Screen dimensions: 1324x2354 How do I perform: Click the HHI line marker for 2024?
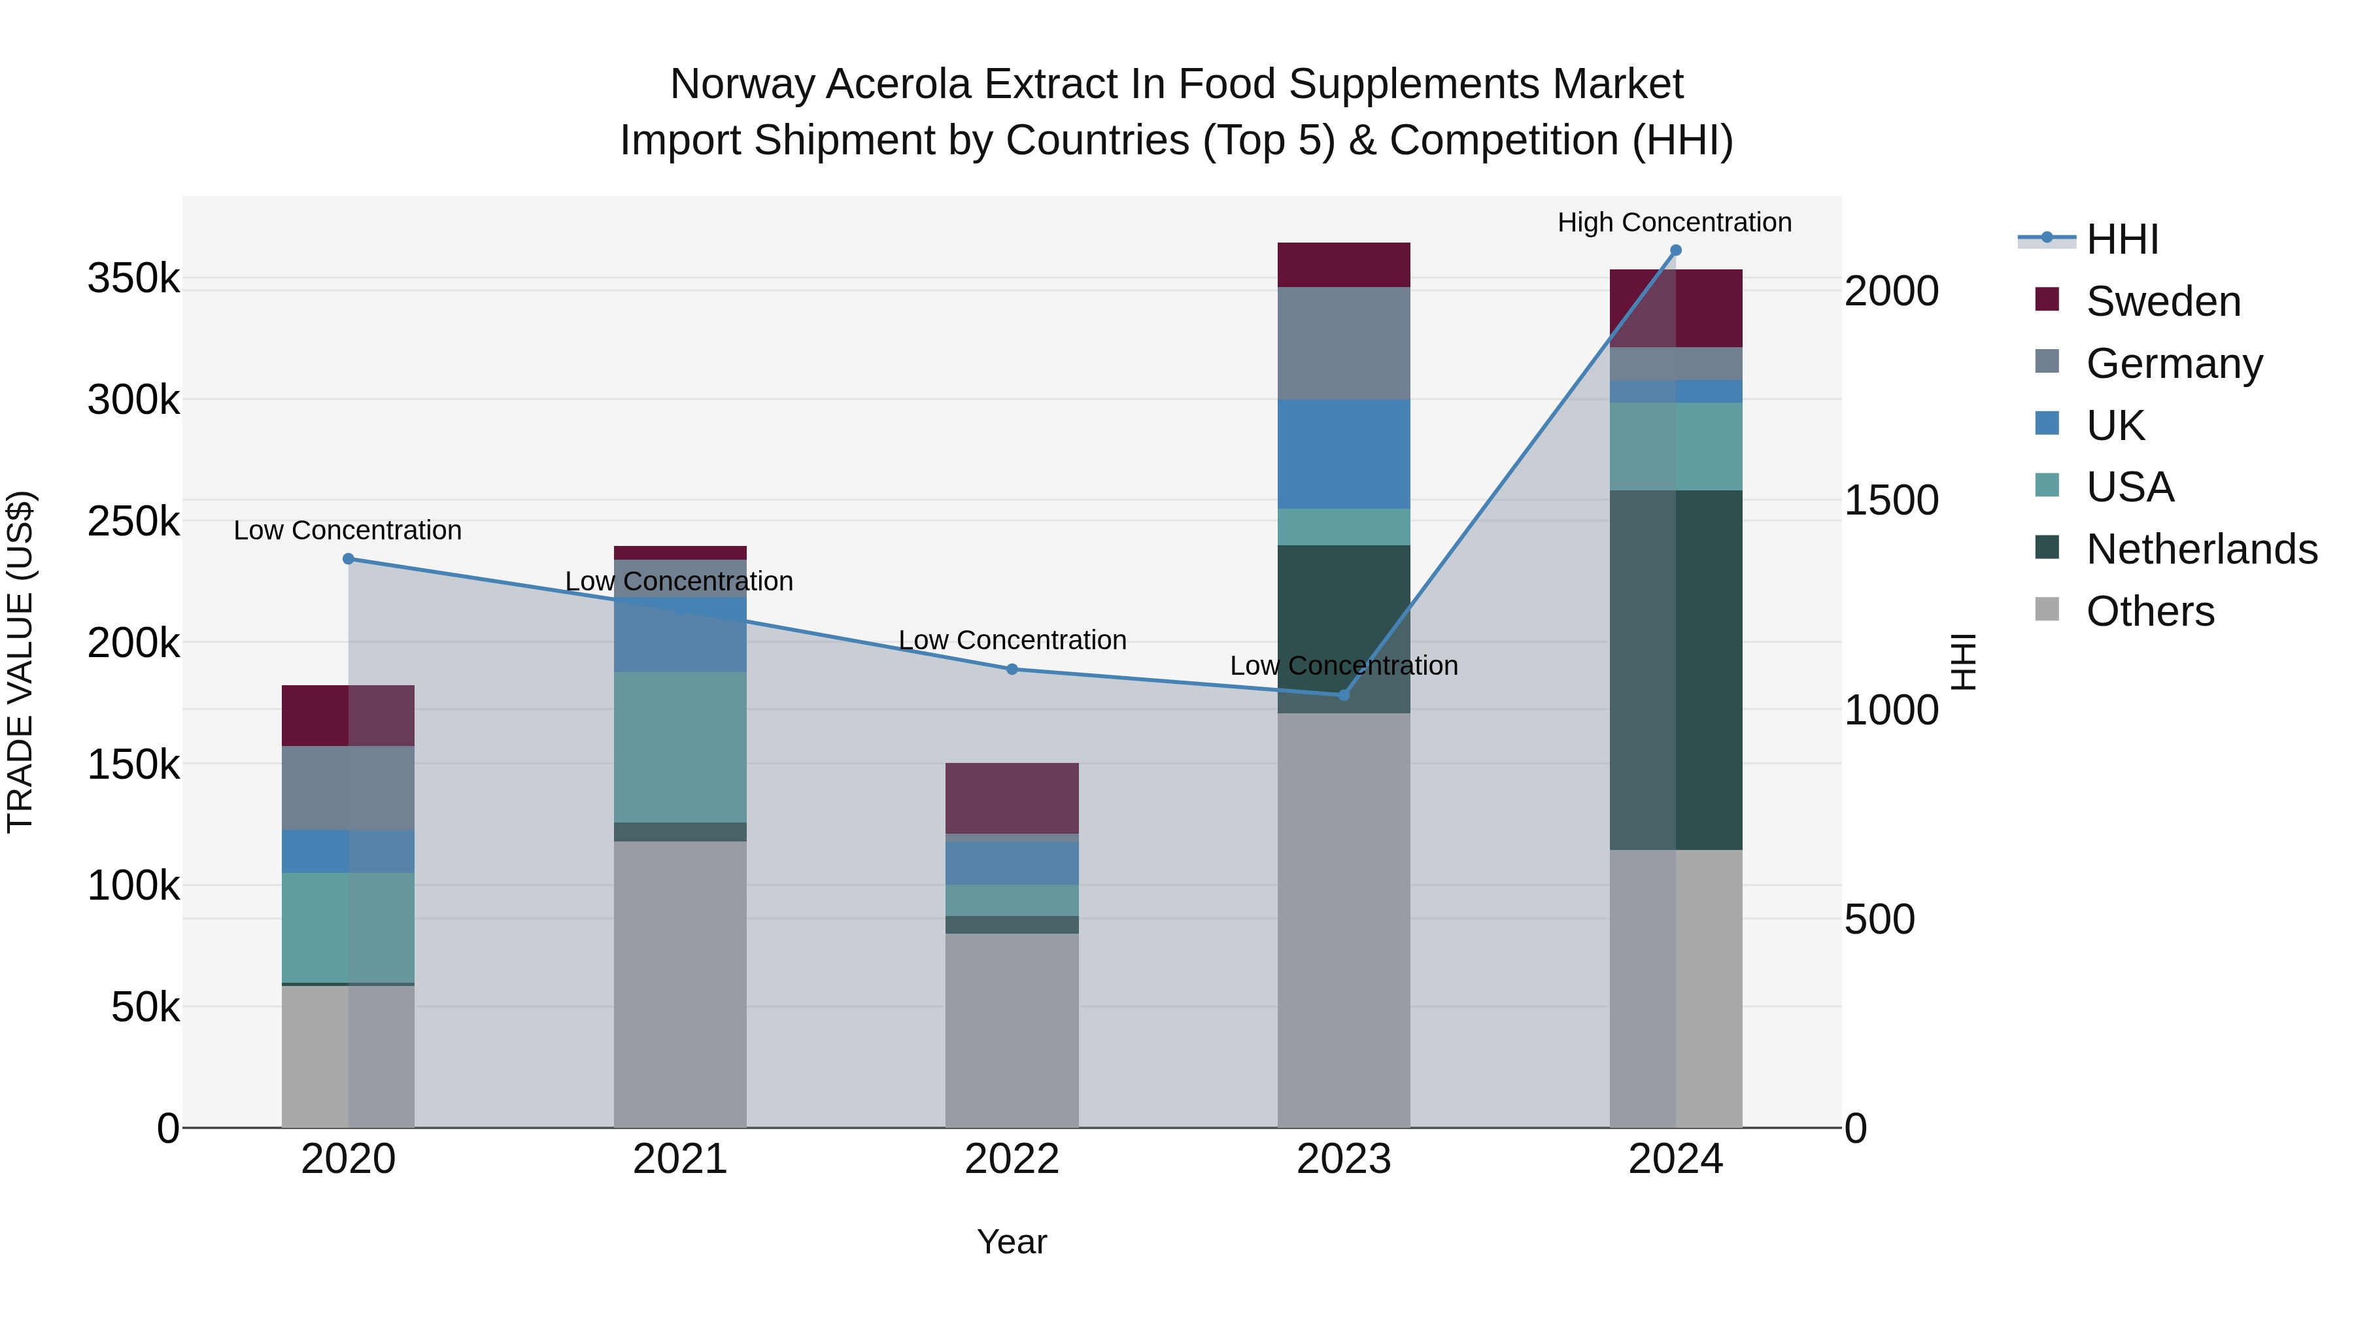[1675, 250]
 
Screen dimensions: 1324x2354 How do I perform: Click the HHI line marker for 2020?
[348, 558]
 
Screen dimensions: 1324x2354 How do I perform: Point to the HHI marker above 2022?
[1012, 669]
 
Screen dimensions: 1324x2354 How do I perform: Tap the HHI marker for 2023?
[1343, 696]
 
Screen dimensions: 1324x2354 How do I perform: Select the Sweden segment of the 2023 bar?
[1343, 265]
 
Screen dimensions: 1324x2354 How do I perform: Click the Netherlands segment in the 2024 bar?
[1675, 670]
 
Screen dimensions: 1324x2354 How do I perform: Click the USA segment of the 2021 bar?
[680, 747]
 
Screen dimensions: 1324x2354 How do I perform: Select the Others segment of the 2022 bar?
[1012, 1030]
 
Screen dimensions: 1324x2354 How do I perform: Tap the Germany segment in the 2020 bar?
[348, 788]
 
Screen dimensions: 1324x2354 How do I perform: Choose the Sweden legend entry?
[2163, 301]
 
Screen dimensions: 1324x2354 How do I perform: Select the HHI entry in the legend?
[2122, 239]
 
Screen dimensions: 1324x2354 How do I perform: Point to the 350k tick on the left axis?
[133, 278]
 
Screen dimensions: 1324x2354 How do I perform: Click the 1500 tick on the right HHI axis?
[1890, 501]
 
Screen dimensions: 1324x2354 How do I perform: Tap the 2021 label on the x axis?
[680, 1159]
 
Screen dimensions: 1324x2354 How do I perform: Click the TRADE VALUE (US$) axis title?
[21, 662]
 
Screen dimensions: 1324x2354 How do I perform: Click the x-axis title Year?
[1012, 1242]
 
